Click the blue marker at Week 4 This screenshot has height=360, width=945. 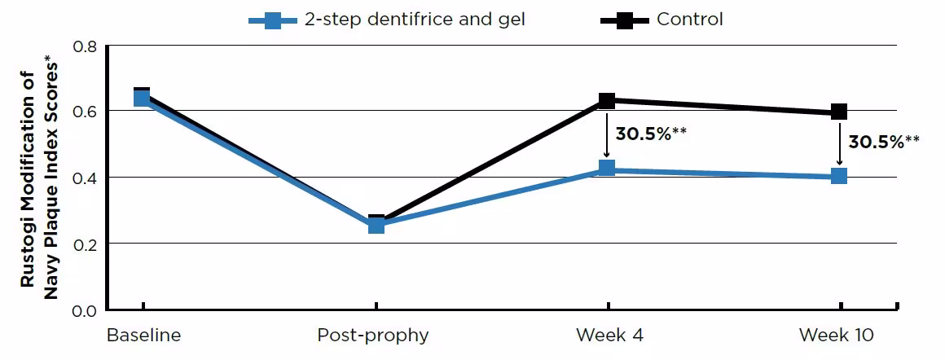607,169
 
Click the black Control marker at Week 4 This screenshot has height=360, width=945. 607,100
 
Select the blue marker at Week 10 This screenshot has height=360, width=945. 839,176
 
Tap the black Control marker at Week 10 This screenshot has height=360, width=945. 839,112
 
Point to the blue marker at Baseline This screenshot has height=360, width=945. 142,99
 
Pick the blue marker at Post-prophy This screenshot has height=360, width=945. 376,225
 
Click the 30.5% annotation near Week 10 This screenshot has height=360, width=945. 884,142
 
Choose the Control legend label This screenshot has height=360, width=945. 689,20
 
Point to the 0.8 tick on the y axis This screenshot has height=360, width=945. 85,46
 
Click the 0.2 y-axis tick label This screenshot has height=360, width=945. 85,244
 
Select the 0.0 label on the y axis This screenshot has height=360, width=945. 85,310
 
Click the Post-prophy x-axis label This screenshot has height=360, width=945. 373,336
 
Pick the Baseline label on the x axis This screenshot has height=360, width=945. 144,336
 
